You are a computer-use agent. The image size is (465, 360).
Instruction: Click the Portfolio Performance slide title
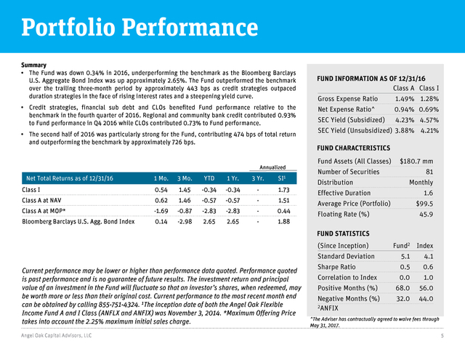click(139, 28)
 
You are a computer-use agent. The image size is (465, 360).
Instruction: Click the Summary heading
click(34, 65)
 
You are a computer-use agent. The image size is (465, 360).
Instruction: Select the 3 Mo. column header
click(185, 178)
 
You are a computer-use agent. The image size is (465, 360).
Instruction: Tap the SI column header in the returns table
click(282, 178)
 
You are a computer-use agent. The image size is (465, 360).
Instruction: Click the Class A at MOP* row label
click(44, 211)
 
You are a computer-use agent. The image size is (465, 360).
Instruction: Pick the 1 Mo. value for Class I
click(161, 190)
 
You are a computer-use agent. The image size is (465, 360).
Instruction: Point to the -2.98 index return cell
click(185, 222)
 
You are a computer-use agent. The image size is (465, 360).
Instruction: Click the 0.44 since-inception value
click(284, 211)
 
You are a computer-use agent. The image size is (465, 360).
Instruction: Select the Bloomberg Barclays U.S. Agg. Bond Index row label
click(78, 222)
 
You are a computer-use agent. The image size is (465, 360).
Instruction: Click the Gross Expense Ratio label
click(347, 99)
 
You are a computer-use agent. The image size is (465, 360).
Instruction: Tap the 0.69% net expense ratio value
click(429, 110)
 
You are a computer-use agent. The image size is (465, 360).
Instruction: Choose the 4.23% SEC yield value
click(405, 120)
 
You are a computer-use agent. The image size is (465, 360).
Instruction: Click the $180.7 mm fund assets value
click(416, 161)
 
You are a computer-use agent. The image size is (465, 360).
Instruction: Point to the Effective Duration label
click(344, 193)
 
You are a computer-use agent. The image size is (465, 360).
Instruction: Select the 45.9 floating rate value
click(426, 215)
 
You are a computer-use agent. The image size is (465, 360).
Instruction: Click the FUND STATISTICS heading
click(343, 233)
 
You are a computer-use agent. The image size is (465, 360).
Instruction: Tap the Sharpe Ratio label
click(336, 267)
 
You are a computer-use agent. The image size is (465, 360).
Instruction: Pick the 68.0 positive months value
click(403, 288)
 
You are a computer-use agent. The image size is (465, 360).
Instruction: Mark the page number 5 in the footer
click(442, 336)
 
